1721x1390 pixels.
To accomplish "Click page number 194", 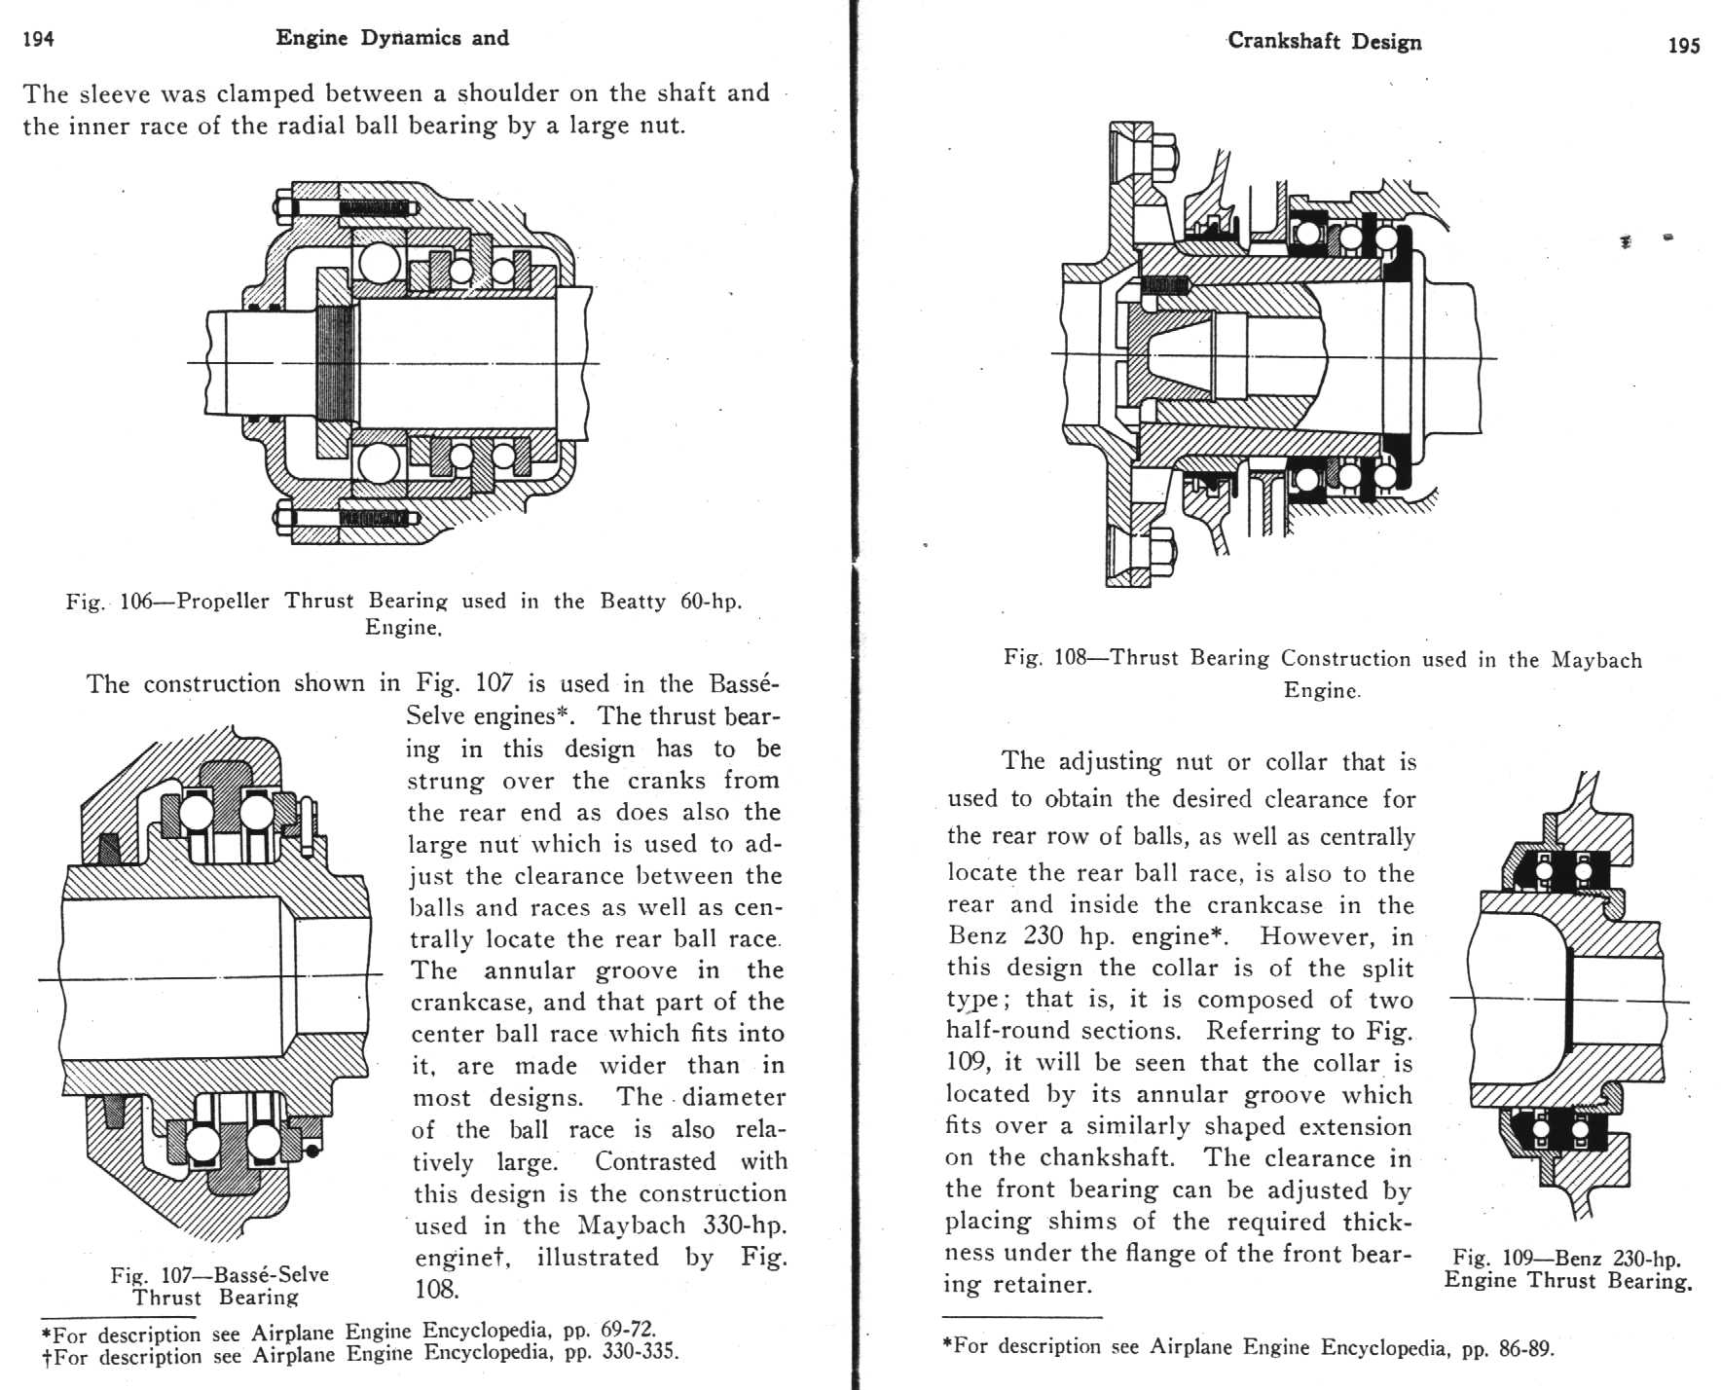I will [x=38, y=39].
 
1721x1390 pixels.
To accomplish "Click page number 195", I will [x=1683, y=45].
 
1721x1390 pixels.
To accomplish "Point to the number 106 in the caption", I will [x=136, y=602].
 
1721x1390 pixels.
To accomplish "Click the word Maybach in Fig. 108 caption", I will [x=1596, y=660].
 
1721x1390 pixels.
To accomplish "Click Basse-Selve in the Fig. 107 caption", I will [x=271, y=1274].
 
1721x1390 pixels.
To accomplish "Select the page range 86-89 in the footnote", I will [x=1525, y=1348].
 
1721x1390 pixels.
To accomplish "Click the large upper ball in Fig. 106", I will [x=379, y=263].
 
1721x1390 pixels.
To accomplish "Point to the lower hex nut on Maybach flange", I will [x=1164, y=550].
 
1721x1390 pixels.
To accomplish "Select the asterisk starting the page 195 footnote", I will [x=947, y=1344].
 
